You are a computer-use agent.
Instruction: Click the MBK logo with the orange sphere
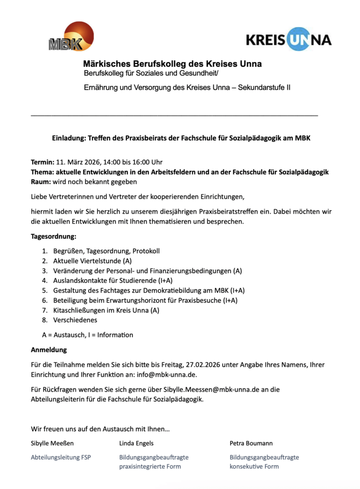click(71, 37)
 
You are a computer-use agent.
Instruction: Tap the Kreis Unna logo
click(289, 39)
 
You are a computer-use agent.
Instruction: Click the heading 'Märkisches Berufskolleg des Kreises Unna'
click(172, 64)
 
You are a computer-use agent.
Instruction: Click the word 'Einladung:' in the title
click(67, 138)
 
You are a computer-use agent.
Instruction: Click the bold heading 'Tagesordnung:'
click(53, 236)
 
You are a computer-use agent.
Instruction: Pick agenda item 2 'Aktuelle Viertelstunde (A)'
click(92, 261)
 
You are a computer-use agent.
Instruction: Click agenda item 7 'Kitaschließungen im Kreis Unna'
click(106, 310)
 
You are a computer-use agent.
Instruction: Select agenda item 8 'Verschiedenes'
click(75, 320)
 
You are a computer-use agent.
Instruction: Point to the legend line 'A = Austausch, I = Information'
click(87, 335)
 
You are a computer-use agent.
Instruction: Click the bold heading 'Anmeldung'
click(48, 350)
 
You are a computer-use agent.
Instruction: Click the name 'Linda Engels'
click(136, 443)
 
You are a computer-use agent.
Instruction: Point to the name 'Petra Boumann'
click(251, 443)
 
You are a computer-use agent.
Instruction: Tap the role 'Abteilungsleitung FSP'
click(61, 458)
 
